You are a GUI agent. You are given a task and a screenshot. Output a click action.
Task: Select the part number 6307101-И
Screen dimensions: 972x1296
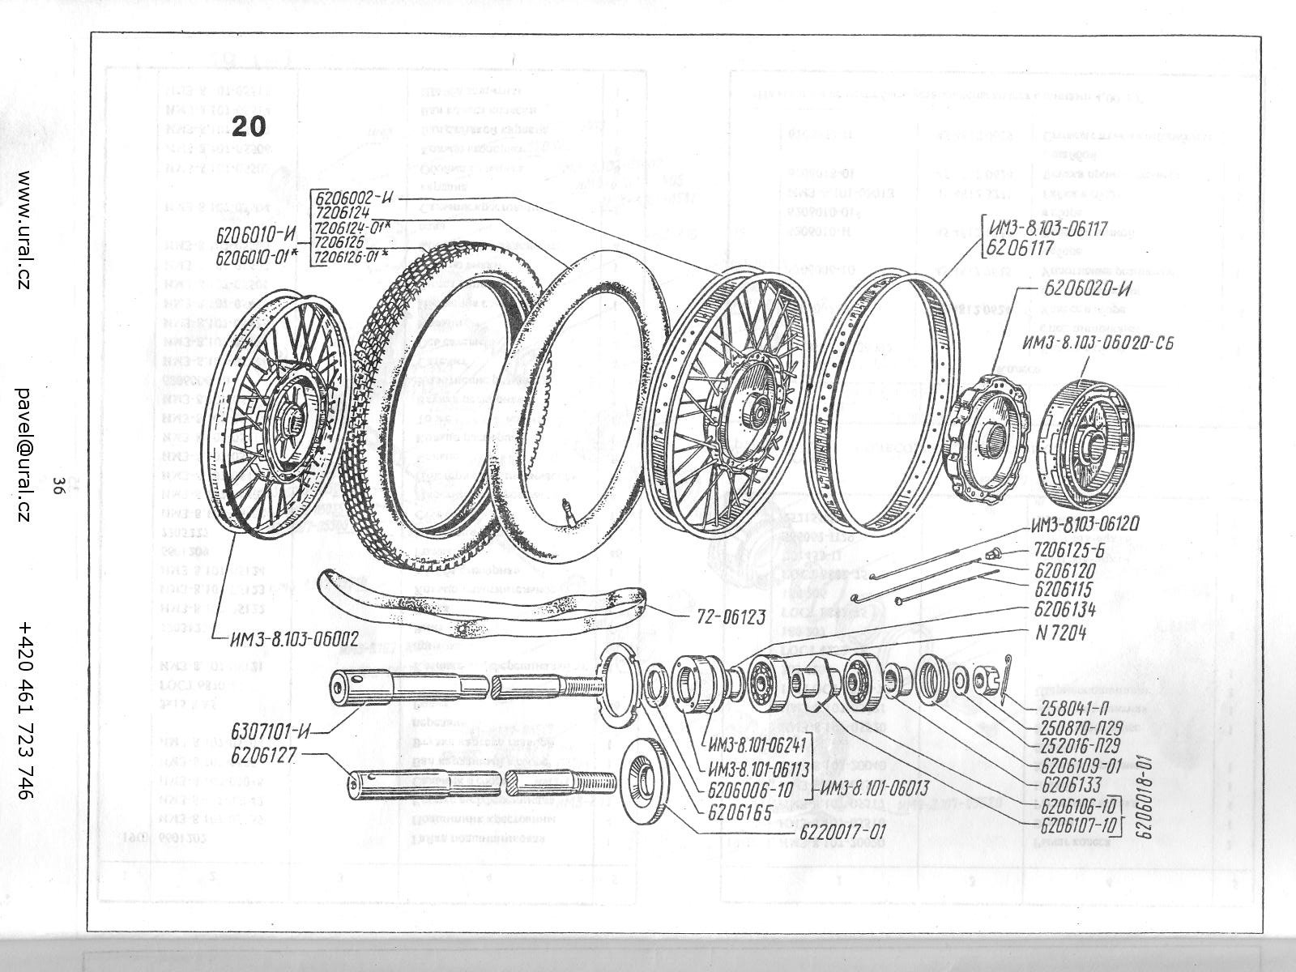click(x=271, y=732)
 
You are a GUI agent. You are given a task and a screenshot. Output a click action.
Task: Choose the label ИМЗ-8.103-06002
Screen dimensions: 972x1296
click(x=294, y=638)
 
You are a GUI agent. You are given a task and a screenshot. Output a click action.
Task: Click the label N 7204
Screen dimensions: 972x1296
click(x=1061, y=634)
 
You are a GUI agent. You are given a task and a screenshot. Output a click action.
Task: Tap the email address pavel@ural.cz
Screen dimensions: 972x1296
click(x=25, y=454)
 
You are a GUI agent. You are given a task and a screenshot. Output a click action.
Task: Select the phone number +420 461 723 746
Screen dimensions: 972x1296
click(x=25, y=711)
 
